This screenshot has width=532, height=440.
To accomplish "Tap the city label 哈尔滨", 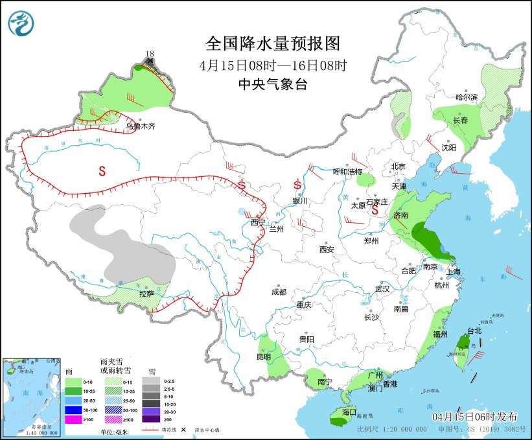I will pyautogui.click(x=466, y=97).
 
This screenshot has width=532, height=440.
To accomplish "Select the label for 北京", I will pyautogui.click(x=398, y=167).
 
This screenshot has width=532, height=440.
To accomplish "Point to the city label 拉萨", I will pyautogui.click(x=146, y=294).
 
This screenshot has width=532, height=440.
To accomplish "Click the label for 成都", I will pyautogui.click(x=279, y=292).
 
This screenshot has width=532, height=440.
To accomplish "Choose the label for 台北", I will pyautogui.click(x=474, y=330).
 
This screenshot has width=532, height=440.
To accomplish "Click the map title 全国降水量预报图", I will pyautogui.click(x=272, y=43).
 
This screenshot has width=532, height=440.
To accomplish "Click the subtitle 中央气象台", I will pyautogui.click(x=272, y=84).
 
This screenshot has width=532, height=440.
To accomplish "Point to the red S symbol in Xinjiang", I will pyautogui.click(x=102, y=171).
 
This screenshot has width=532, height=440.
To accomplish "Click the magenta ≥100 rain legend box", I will pyautogui.click(x=73, y=421).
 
